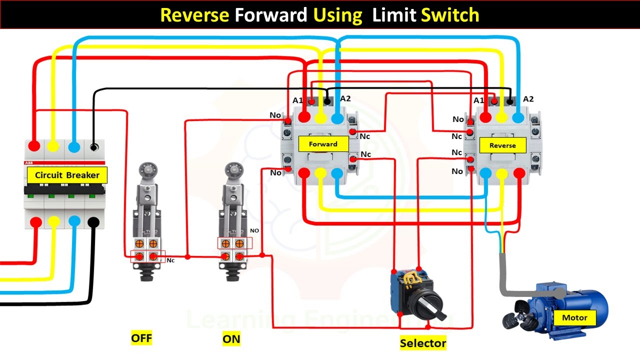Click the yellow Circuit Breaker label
[67, 175]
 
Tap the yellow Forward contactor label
[323, 144]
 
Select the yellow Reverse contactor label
[502, 145]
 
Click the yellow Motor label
[574, 317]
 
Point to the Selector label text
[422, 343]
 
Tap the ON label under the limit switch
[231, 339]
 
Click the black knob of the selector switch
[430, 303]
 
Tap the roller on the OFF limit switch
[146, 168]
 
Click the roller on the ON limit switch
[231, 168]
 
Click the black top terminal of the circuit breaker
[93, 147]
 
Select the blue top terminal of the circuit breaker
[74, 147]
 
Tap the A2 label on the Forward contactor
[345, 98]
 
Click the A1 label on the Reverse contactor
[478, 100]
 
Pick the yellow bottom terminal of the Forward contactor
[321, 173]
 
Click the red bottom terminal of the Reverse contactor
[519, 173]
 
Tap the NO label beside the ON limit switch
[254, 231]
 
